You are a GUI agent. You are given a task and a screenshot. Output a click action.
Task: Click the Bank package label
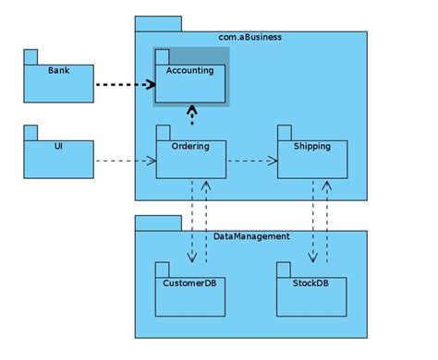click(57, 70)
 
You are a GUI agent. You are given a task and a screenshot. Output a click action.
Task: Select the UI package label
click(57, 146)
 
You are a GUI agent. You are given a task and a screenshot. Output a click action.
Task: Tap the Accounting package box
click(190, 83)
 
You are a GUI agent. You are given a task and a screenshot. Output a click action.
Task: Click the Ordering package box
click(190, 159)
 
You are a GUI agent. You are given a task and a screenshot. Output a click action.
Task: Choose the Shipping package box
click(311, 159)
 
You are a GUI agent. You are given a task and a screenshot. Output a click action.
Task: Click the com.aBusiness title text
click(250, 37)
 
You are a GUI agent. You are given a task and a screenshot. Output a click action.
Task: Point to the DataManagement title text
click(251, 236)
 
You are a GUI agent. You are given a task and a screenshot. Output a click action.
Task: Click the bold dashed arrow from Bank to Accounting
click(125, 84)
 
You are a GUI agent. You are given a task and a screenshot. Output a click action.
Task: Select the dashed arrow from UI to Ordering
click(125, 161)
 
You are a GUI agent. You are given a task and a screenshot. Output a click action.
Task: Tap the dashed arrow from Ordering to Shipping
click(251, 161)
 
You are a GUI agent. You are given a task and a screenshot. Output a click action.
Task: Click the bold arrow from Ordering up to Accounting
click(191, 114)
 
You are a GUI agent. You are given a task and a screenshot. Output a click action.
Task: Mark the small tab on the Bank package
click(30, 56)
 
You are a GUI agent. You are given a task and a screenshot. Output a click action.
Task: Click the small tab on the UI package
click(30, 132)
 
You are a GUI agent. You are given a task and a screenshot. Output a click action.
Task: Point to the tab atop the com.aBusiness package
click(158, 23)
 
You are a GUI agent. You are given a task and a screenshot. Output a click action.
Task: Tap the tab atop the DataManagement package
click(158, 222)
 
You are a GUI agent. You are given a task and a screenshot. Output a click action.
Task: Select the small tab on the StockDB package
click(283, 269)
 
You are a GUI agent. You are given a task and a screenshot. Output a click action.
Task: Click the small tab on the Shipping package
click(284, 133)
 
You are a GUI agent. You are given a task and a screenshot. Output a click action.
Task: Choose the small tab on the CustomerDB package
click(162, 269)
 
